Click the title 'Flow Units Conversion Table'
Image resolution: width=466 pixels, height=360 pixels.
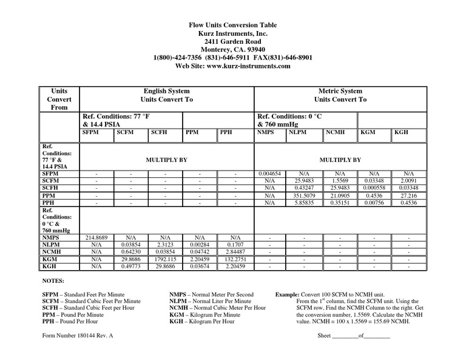[x=234, y=25]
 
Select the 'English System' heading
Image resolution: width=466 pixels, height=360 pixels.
[x=166, y=90]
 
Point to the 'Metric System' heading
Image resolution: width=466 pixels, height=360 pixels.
[x=340, y=90]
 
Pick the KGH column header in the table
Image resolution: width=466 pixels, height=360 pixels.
[x=402, y=131]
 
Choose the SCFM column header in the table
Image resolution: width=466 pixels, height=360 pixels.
[x=126, y=131]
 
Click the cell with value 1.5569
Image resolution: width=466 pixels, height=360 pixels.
[x=340, y=181]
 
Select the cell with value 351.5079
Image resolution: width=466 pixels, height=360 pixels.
[x=305, y=196]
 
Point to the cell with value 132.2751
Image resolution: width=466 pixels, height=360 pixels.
[x=235, y=259]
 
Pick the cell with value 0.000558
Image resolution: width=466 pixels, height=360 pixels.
[x=374, y=188]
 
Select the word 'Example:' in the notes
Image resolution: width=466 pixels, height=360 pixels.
[x=288, y=294]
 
